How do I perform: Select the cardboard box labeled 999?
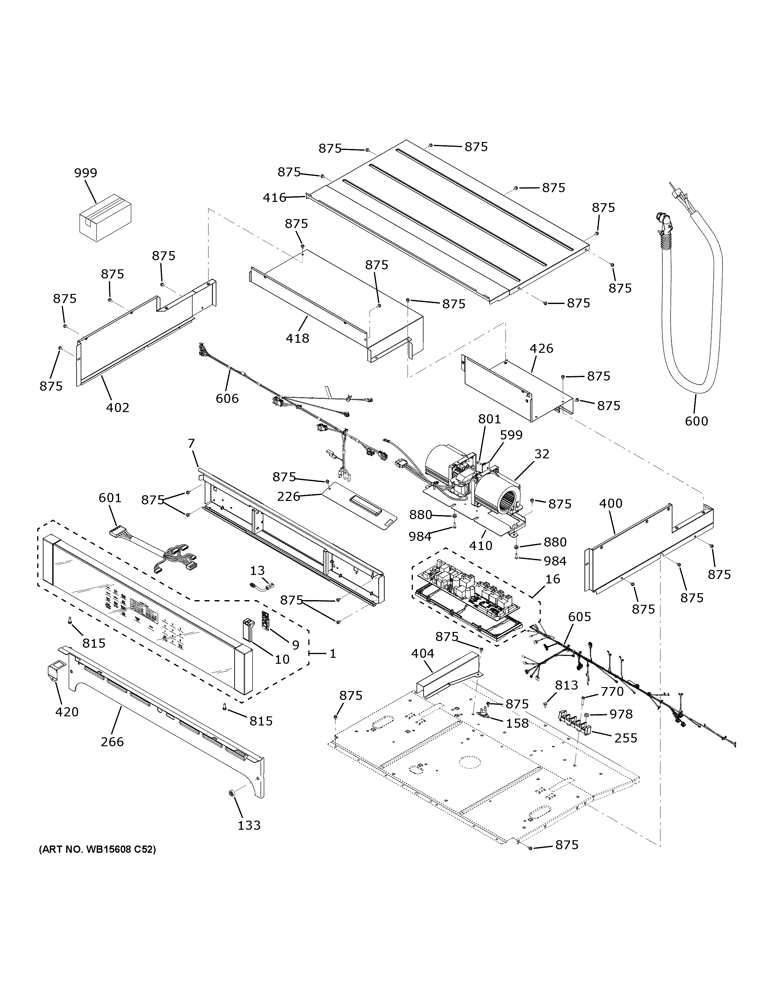pos(106,217)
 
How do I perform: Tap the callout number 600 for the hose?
pos(696,421)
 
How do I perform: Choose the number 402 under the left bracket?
pos(118,407)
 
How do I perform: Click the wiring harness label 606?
pos(227,399)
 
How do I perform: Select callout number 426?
pos(541,349)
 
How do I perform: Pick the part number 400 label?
pos(611,504)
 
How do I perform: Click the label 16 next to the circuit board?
pos(553,579)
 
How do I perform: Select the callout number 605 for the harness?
pos(580,617)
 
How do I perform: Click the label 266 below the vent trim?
pos(112,742)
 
